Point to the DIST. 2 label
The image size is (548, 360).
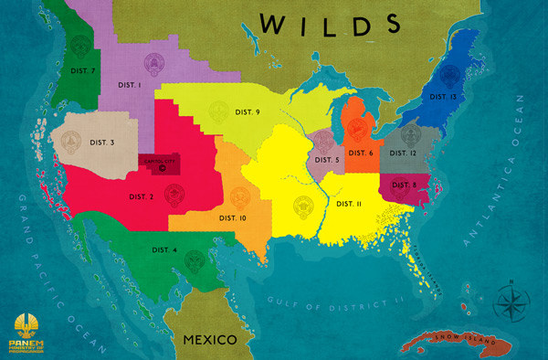click(141, 196)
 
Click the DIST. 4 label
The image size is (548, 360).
click(164, 249)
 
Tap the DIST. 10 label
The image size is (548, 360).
click(233, 218)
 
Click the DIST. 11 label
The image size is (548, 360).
click(350, 203)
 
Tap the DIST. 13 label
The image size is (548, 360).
click(442, 96)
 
